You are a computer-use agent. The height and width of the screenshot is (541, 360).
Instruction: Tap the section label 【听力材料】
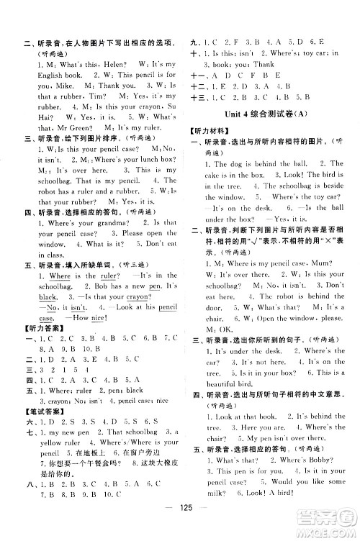pyautogui.click(x=209, y=136)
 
